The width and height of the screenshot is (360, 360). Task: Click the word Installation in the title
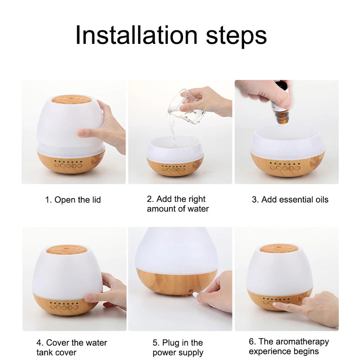136,35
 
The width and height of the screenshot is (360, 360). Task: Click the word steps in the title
236,37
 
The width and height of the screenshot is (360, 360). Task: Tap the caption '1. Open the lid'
73,200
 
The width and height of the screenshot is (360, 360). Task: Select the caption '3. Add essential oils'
290,199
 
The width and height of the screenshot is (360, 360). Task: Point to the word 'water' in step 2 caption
198,209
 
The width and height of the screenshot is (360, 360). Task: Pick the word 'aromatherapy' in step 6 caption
302,342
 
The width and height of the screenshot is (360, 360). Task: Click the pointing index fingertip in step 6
275,304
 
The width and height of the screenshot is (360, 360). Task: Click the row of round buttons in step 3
285,168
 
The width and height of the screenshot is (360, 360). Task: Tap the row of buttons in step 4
64,307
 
